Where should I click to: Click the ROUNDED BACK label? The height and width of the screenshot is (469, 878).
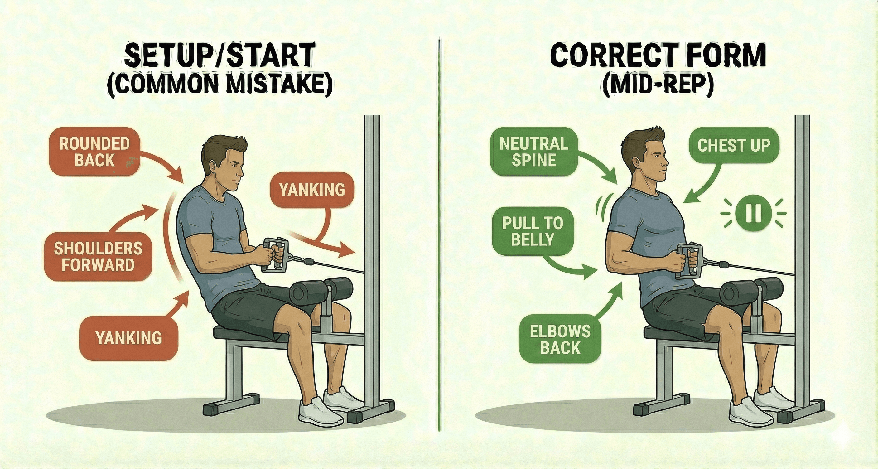[x=95, y=152]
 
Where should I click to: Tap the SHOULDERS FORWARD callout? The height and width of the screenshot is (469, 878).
[x=98, y=257]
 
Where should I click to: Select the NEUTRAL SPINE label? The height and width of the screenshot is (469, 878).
[x=534, y=152]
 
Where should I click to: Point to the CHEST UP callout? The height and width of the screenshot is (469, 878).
[x=733, y=146]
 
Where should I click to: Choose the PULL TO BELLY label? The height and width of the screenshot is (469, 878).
[x=533, y=231]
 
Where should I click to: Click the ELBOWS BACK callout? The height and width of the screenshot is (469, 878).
[x=560, y=339]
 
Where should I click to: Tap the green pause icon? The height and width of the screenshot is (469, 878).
[x=753, y=213]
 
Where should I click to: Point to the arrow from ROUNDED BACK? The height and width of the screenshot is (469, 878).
[x=164, y=167]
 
